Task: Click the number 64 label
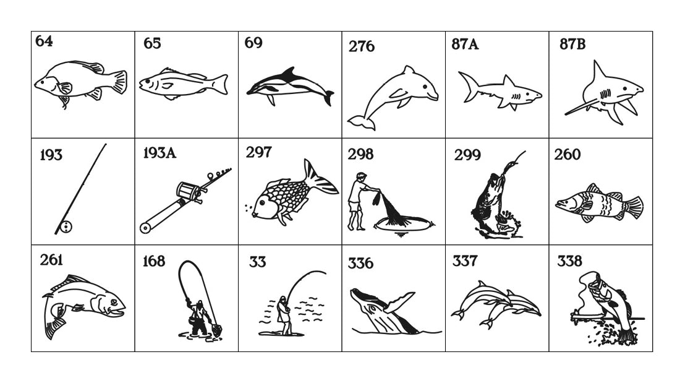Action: click(x=44, y=41)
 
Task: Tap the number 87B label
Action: click(x=572, y=44)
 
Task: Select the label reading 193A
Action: click(x=159, y=153)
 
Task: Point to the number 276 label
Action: click(x=361, y=46)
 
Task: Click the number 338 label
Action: click(x=569, y=261)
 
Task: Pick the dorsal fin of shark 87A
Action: click(x=508, y=81)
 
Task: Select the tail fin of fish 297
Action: click(x=319, y=178)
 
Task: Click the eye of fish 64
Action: click(x=43, y=82)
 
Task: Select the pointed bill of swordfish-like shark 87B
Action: click(x=581, y=107)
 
